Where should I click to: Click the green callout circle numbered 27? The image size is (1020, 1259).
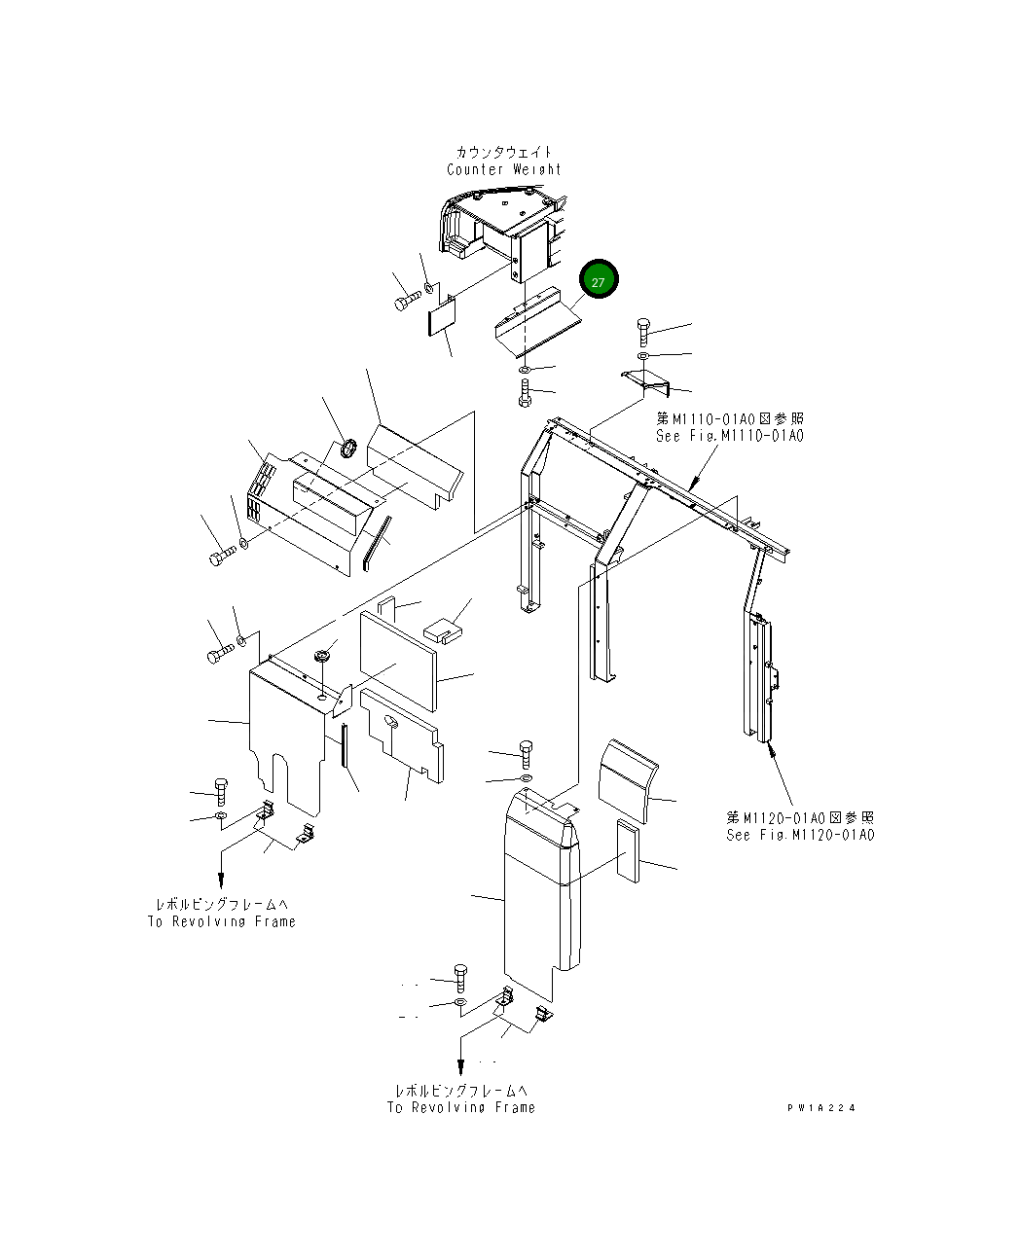click(x=599, y=281)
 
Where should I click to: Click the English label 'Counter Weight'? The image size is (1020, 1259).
click(x=504, y=169)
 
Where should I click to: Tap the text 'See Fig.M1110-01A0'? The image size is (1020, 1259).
click(x=730, y=436)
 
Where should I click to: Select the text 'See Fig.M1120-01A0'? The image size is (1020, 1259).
click(x=800, y=835)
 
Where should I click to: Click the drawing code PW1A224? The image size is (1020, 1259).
click(x=822, y=1107)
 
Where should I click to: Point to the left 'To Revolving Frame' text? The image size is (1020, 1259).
click(x=221, y=921)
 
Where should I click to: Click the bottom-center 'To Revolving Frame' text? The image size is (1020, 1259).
click(x=461, y=1107)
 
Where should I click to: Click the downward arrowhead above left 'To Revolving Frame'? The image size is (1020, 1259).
click(x=223, y=882)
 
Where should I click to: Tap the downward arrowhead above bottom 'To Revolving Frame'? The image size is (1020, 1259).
click(x=461, y=1068)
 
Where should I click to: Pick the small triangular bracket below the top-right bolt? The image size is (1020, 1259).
click(x=647, y=382)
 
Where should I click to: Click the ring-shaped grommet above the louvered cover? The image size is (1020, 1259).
click(x=348, y=448)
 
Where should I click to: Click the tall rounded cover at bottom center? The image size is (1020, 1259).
click(x=540, y=895)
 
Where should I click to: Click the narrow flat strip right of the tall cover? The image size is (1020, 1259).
click(x=628, y=850)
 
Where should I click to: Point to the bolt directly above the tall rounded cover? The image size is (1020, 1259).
click(x=527, y=753)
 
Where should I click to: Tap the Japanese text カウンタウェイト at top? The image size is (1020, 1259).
click(x=504, y=152)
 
